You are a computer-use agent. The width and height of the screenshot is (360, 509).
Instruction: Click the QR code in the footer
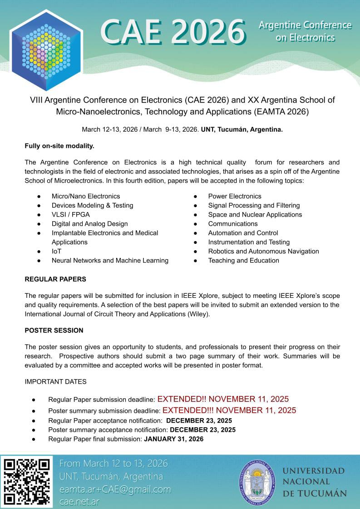(x=27, y=482)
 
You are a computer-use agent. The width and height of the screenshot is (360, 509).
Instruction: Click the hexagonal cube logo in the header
(x=46, y=50)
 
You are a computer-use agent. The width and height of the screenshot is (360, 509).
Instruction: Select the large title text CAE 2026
(x=173, y=32)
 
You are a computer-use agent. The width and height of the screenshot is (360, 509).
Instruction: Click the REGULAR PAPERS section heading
(x=55, y=279)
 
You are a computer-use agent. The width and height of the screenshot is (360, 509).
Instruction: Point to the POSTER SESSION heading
(x=54, y=330)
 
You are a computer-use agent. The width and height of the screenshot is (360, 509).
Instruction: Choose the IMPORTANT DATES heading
(x=55, y=381)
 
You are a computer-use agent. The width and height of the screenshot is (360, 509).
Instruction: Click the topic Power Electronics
(x=235, y=196)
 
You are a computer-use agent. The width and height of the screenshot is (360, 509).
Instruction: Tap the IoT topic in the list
(x=56, y=251)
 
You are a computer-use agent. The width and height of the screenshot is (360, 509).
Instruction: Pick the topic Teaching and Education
(x=243, y=260)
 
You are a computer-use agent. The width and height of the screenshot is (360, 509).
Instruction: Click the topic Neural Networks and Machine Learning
(x=110, y=260)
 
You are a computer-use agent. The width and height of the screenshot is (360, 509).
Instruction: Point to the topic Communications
(x=233, y=223)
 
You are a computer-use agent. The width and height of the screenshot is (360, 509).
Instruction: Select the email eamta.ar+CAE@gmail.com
(x=115, y=489)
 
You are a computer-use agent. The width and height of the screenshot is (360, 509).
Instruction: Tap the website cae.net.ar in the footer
(x=79, y=502)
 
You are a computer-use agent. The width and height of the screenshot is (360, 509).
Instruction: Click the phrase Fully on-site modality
(x=59, y=146)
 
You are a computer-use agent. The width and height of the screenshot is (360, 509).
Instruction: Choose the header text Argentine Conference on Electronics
(x=305, y=31)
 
